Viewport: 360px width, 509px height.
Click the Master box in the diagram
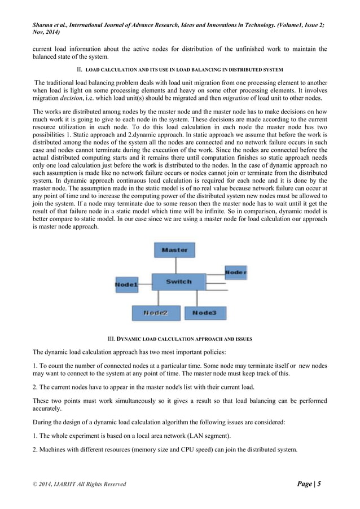(x=174, y=250)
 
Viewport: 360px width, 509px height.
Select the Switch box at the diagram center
(x=178, y=282)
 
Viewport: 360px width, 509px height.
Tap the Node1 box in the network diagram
(x=126, y=285)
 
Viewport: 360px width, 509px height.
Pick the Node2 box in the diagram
(x=156, y=313)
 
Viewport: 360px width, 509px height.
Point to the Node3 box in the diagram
(x=204, y=313)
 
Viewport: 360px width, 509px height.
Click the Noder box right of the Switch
(x=235, y=272)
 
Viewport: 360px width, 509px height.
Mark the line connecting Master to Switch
(x=175, y=266)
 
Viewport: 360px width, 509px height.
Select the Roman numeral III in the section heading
(x=111, y=339)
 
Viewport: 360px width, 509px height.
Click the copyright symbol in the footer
(x=34, y=484)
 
